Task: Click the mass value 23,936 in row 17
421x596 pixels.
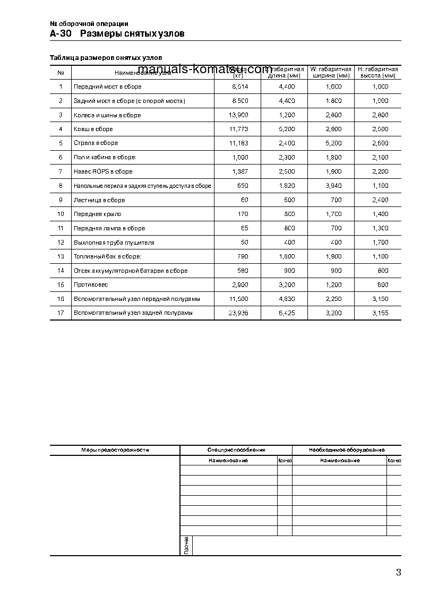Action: [238, 313]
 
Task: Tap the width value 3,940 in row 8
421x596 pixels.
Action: [333, 186]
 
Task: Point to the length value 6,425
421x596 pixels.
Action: [286, 313]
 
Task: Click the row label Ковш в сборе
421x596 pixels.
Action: [93, 129]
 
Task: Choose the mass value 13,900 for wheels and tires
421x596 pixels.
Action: [238, 115]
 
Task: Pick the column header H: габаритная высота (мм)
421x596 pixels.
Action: [377, 72]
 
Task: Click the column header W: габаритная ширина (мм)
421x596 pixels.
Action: [331, 72]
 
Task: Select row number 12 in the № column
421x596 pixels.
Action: [61, 243]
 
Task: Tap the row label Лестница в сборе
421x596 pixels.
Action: [99, 200]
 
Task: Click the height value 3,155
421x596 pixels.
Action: [380, 313]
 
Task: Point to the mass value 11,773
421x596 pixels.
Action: [238, 129]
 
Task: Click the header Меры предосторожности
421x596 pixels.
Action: [115, 450]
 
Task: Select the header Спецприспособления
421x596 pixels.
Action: [236, 450]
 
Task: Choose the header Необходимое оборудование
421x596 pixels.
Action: [347, 450]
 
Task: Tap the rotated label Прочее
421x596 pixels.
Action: [186, 546]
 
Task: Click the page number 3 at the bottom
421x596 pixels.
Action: [398, 572]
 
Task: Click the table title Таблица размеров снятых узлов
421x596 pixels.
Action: [106, 57]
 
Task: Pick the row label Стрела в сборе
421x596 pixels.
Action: [96, 143]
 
